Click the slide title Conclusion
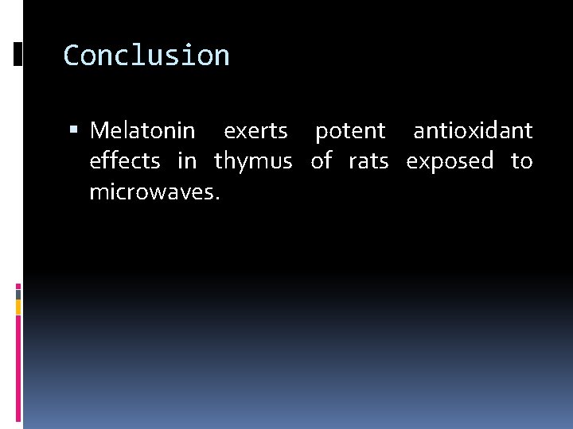click(x=146, y=56)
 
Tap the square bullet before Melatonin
click(x=76, y=130)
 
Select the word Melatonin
click(x=142, y=130)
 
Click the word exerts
click(x=255, y=130)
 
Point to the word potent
click(x=350, y=131)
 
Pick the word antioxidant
click(x=473, y=130)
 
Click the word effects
click(x=125, y=161)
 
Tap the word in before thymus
click(x=187, y=161)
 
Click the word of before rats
click(x=322, y=161)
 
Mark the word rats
click(x=368, y=162)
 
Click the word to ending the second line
click(x=521, y=162)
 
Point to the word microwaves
click(x=154, y=192)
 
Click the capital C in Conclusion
click(x=71, y=56)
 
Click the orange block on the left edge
click(x=18, y=306)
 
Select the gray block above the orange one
click(x=18, y=293)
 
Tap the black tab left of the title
click(x=18, y=54)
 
